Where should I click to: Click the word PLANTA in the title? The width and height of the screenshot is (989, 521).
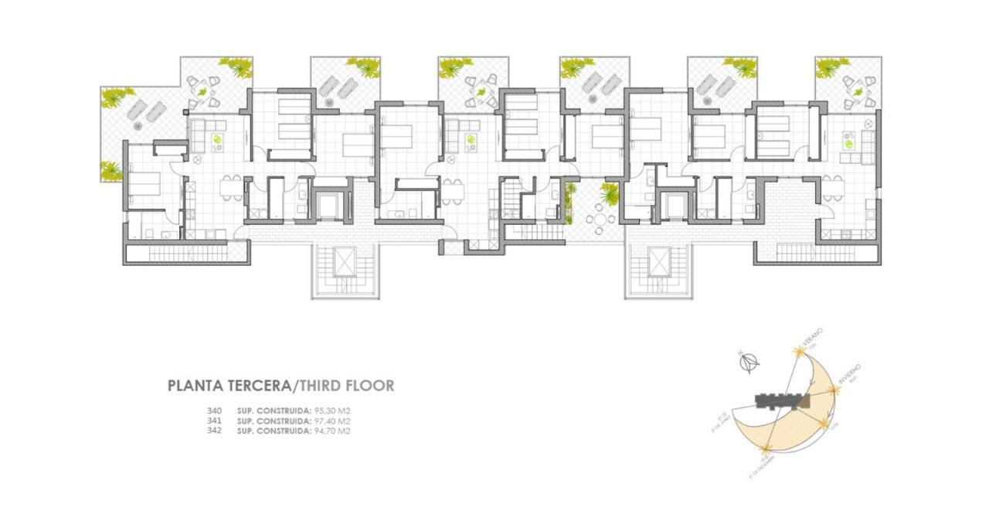(x=191, y=385)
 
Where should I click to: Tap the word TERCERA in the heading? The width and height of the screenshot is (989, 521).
(x=256, y=385)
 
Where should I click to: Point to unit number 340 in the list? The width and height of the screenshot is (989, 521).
(x=215, y=410)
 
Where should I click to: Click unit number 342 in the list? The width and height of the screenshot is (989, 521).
(x=215, y=431)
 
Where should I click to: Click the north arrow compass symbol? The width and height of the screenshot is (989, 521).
(x=749, y=360)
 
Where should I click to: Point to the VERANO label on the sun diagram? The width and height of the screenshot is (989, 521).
(x=811, y=337)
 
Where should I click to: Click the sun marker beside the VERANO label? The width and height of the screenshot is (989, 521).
(x=799, y=352)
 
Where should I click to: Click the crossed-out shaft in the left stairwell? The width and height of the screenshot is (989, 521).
(x=342, y=262)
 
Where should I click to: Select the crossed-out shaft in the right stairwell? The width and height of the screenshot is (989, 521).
(x=658, y=261)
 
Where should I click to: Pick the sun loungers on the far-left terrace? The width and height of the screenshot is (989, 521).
(x=145, y=113)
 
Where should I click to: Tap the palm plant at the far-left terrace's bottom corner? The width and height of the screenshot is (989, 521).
(x=110, y=170)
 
